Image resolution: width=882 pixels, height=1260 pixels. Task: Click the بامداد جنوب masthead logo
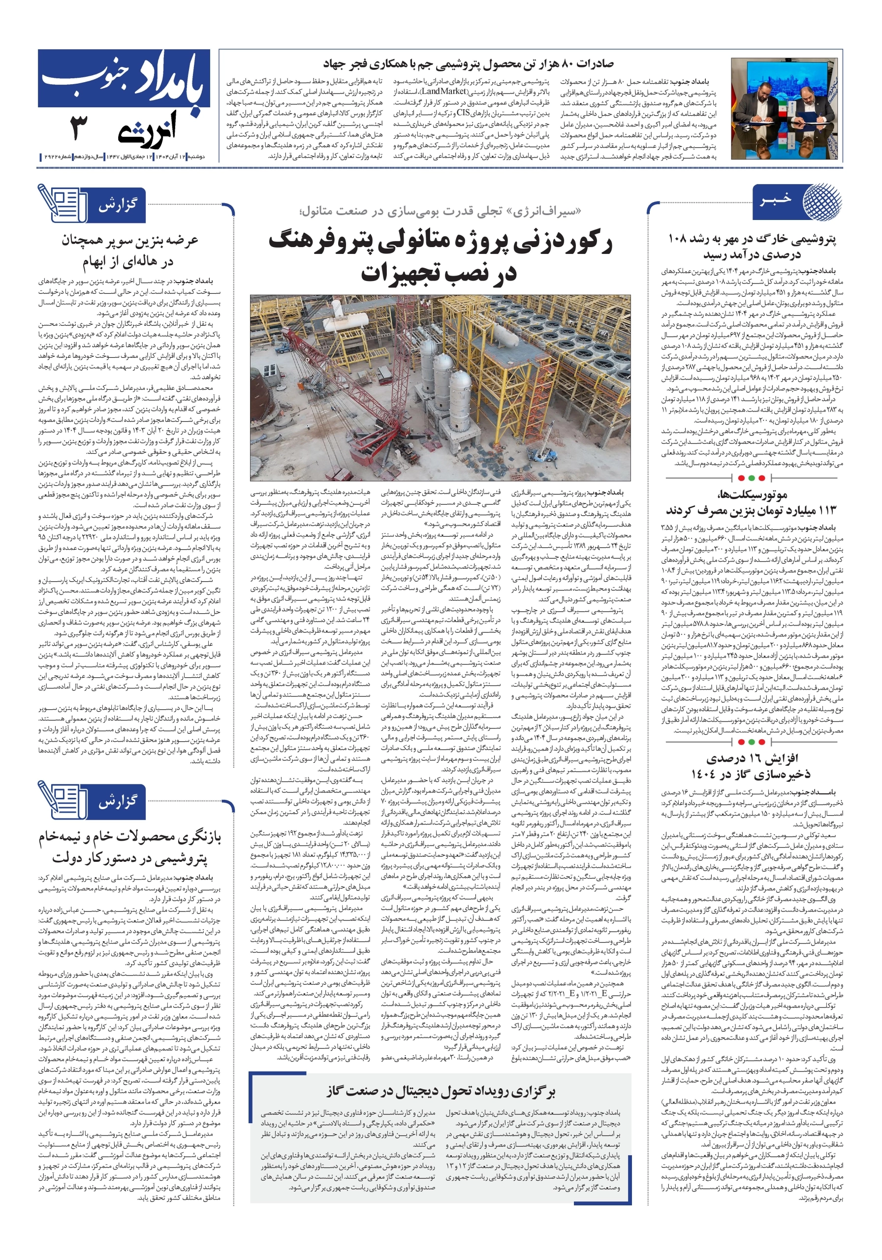click(x=124, y=78)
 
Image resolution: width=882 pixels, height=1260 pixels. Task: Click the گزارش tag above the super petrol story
click(x=118, y=206)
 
